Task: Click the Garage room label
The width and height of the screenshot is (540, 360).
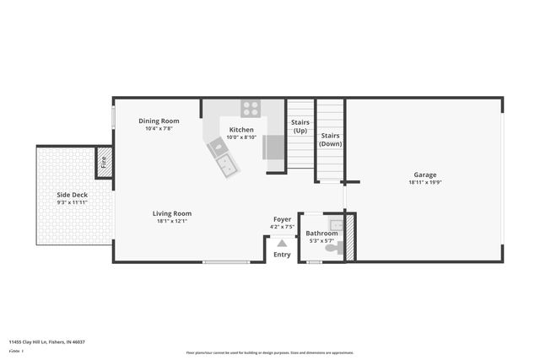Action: (x=424, y=175)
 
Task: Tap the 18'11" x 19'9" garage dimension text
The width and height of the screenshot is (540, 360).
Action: (x=424, y=182)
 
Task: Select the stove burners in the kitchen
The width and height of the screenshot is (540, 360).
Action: (x=251, y=108)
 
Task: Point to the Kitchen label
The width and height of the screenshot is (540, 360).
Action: (x=241, y=130)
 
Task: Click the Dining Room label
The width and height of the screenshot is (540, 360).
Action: (x=159, y=121)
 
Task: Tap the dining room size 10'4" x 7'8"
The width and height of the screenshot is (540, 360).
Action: (x=159, y=128)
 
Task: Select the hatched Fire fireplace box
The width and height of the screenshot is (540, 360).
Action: (x=104, y=162)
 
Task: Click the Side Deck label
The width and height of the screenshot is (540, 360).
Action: (x=73, y=195)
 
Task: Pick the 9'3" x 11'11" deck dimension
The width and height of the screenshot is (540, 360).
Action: (x=73, y=202)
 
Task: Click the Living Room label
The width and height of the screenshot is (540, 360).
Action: (x=172, y=213)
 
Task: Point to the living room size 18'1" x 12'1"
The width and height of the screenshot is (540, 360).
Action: (x=172, y=221)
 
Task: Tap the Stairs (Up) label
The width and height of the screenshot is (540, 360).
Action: (x=300, y=126)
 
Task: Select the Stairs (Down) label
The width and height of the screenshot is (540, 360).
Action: (x=330, y=139)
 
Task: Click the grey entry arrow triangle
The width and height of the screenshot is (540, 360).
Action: (x=282, y=243)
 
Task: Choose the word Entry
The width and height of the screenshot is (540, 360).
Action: (x=282, y=255)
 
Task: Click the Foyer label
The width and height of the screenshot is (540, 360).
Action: (x=282, y=219)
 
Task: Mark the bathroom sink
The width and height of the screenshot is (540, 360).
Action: (x=337, y=224)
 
